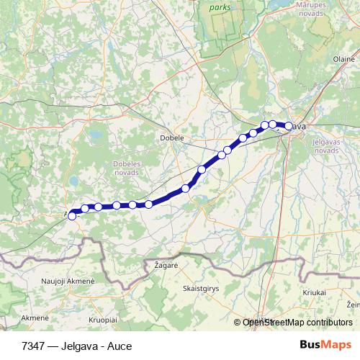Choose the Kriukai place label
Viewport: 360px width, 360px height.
click(315, 294)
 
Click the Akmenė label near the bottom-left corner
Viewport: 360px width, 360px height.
click(35, 317)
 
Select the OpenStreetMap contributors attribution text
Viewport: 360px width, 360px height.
click(297, 323)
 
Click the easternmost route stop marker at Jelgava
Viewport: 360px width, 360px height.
click(289, 126)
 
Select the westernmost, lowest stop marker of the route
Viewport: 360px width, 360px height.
click(71, 216)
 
